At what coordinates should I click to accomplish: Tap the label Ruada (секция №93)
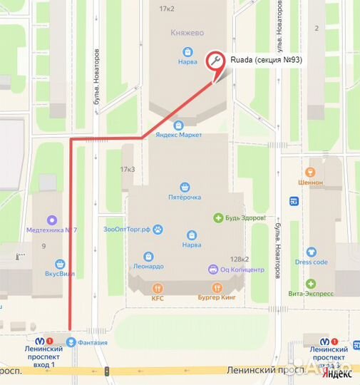(266, 61)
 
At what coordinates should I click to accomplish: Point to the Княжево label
(187, 33)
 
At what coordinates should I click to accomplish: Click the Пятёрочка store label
(185, 197)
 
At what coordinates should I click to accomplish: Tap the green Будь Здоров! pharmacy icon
(219, 217)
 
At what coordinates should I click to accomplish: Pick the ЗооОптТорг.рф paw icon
(159, 229)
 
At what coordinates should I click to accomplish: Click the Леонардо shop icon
(148, 256)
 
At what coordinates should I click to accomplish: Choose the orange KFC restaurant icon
(158, 288)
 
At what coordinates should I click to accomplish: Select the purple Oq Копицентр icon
(212, 269)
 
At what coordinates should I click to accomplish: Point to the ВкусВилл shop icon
(61, 263)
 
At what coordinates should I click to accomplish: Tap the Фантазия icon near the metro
(71, 342)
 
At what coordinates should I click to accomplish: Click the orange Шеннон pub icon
(310, 172)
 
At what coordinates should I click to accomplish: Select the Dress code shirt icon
(311, 252)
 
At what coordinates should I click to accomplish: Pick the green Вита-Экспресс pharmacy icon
(311, 284)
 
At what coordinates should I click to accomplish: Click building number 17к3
(128, 169)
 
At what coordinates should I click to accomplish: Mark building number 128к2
(239, 260)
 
